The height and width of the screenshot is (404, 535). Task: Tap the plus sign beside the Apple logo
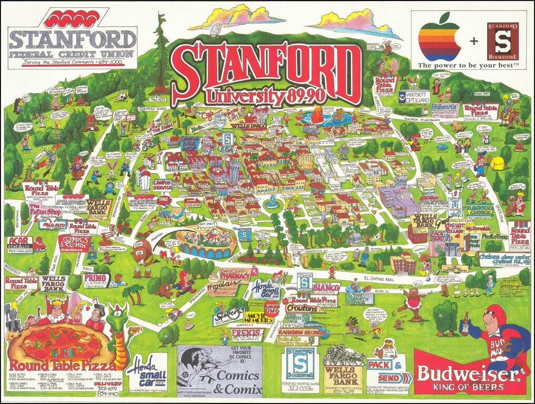point(473,40)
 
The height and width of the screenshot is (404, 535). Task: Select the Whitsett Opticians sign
point(415,98)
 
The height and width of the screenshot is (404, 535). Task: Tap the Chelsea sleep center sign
point(503,258)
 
